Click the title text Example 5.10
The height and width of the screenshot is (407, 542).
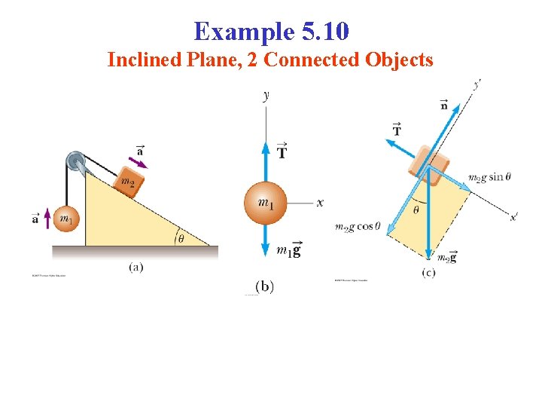click(x=271, y=32)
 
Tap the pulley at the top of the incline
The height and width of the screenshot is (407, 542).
click(x=75, y=161)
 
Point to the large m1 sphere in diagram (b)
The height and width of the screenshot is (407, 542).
click(x=266, y=203)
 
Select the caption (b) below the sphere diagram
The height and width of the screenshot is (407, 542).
click(x=264, y=286)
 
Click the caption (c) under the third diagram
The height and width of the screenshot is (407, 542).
click(x=428, y=272)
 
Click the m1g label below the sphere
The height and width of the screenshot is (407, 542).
click(x=288, y=250)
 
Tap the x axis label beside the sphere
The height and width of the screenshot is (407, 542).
click(x=321, y=203)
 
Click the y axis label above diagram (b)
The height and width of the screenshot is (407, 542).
click(x=266, y=95)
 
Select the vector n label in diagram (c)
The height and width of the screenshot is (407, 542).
click(x=443, y=106)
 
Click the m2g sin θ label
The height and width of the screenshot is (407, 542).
click(x=489, y=178)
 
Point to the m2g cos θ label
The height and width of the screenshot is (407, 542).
click(x=358, y=226)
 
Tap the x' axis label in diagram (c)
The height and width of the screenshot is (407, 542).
click(x=513, y=217)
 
